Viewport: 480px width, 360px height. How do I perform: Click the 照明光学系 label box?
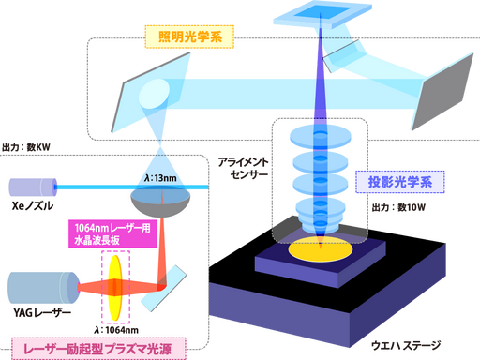tap(189, 37)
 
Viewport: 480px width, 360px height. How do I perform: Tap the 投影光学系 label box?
tap(400, 182)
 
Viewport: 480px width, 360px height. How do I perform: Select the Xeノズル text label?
tap(33, 206)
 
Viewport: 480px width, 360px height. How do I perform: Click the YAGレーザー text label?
tap(42, 312)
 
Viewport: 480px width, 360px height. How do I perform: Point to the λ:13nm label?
tap(160, 178)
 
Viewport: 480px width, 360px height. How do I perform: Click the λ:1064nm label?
tap(116, 330)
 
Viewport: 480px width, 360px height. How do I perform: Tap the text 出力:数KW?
tap(26, 147)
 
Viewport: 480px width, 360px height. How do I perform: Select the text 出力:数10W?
tap(398, 207)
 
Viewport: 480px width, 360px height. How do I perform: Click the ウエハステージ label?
tap(406, 345)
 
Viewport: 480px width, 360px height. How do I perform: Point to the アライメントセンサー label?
tap(243, 168)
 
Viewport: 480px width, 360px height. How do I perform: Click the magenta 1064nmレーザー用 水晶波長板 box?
tap(112, 233)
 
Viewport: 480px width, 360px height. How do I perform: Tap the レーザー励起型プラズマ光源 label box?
tap(98, 349)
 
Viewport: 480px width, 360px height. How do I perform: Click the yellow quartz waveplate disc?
tap(115, 288)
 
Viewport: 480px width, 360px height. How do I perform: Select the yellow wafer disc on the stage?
tap(321, 249)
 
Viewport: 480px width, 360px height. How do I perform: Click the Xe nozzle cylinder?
tap(33, 187)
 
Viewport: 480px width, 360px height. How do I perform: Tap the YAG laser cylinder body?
tap(43, 288)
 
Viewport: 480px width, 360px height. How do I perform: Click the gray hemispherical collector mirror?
tap(160, 202)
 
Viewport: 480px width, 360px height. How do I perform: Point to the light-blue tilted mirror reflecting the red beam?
tap(164, 289)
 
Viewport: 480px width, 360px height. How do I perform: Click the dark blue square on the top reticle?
tap(322, 12)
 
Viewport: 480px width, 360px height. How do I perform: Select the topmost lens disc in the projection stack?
tap(321, 137)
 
